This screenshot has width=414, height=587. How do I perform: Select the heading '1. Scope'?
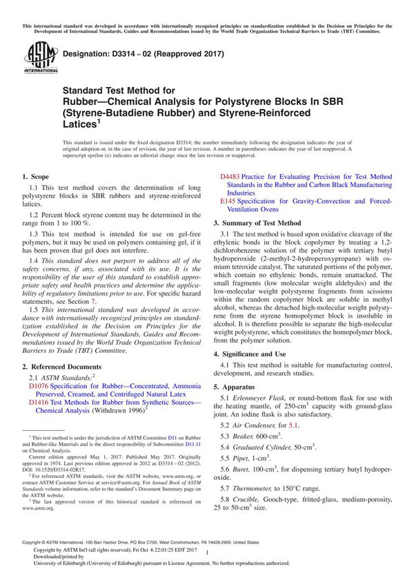click(x=37, y=177)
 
